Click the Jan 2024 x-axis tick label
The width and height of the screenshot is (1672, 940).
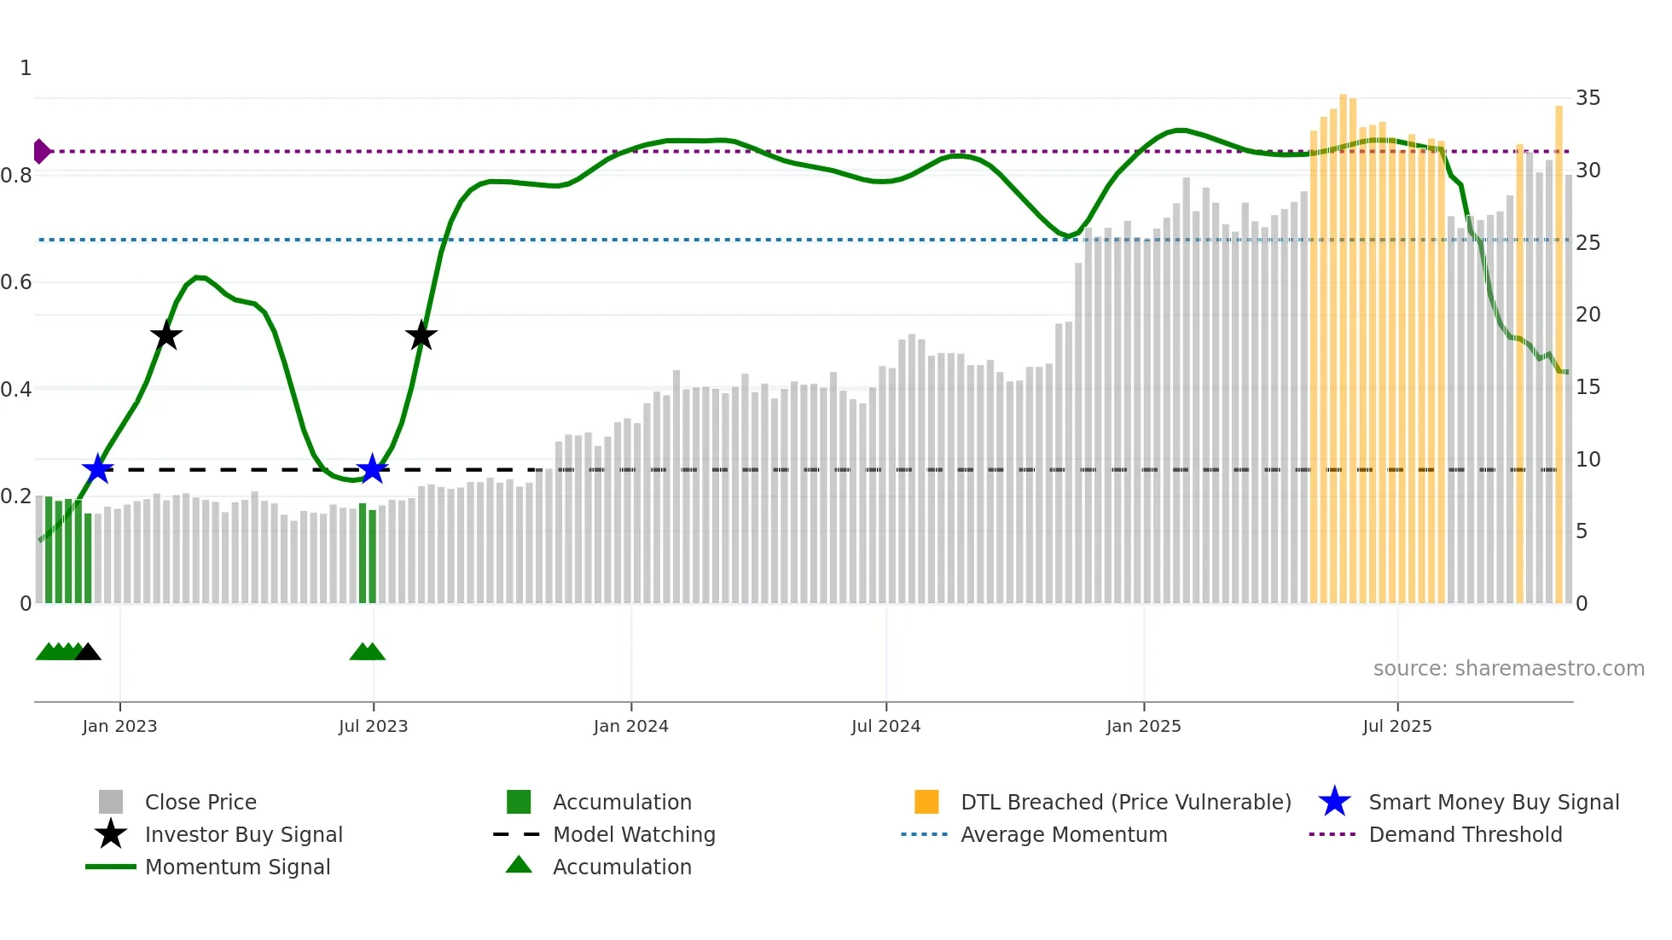click(630, 726)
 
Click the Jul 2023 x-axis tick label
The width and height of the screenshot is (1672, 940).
click(373, 726)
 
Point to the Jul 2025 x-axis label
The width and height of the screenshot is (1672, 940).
click(1396, 726)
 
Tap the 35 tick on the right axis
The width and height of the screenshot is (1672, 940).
click(1588, 98)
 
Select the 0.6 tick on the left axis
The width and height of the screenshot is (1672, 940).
click(16, 282)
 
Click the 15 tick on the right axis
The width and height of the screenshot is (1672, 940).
click(1588, 387)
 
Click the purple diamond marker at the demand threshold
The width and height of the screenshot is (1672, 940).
click(41, 152)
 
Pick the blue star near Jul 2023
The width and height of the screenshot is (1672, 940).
click(372, 469)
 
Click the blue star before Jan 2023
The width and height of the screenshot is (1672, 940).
click(97, 469)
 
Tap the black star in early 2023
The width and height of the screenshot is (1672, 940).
click(166, 335)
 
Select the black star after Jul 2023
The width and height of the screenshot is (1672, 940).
click(421, 335)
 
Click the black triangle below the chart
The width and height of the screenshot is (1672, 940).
click(88, 653)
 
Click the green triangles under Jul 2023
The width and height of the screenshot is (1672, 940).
click(368, 653)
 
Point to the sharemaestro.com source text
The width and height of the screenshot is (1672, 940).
click(1508, 668)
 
